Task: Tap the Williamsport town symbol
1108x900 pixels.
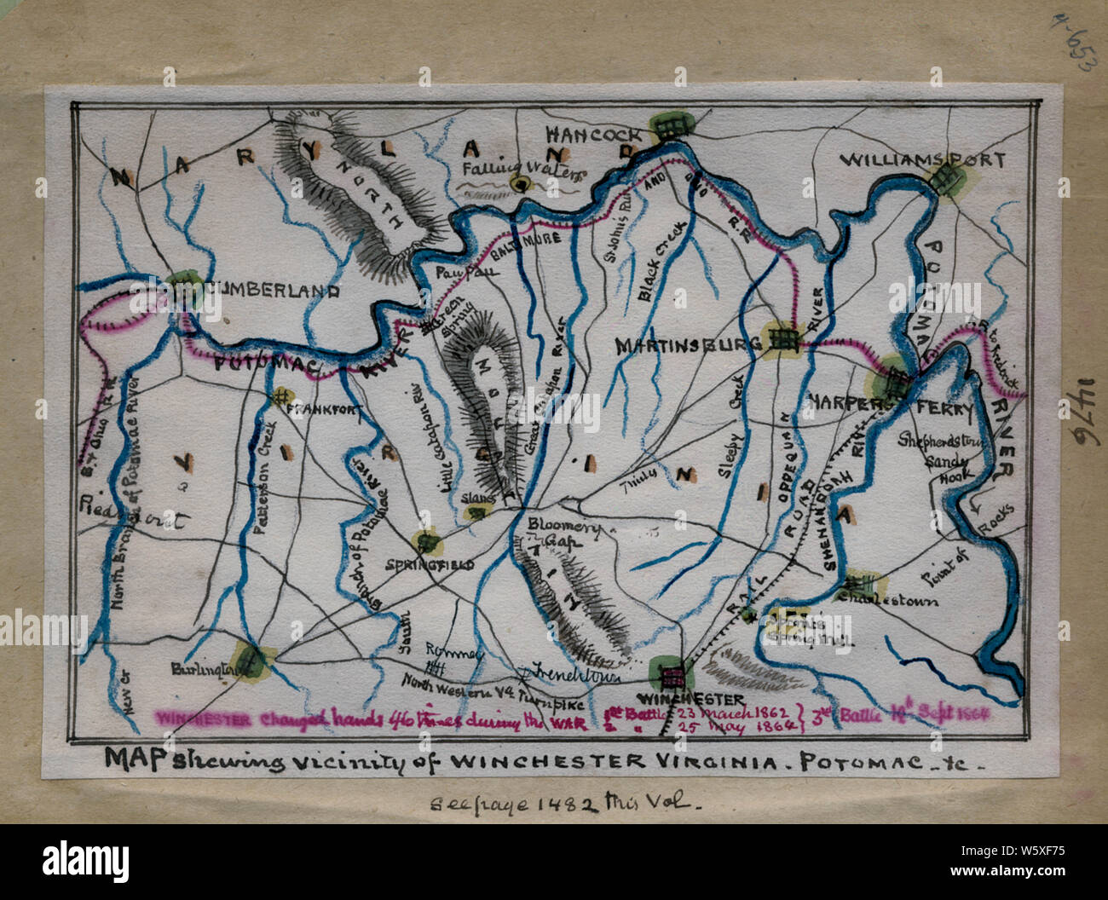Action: (x=944, y=179)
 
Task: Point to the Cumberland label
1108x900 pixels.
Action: (x=271, y=290)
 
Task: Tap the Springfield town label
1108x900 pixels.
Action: (x=429, y=564)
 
